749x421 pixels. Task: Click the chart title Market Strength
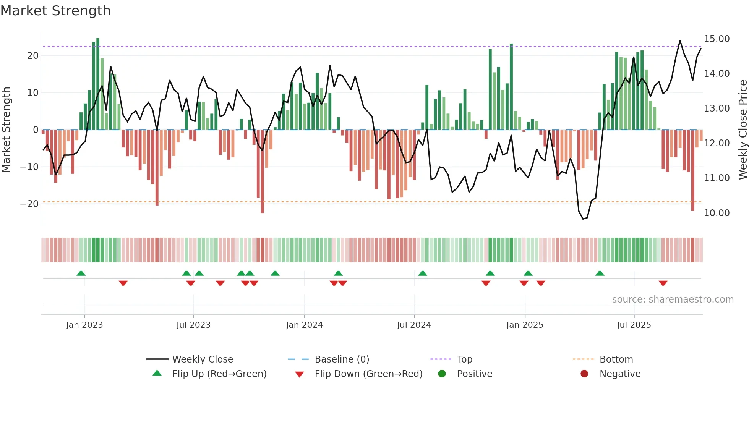pyautogui.click(x=55, y=11)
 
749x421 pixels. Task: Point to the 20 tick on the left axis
pyautogui.click(x=33, y=56)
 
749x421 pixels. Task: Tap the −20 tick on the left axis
pyautogui.click(x=29, y=204)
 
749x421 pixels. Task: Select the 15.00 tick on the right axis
pyautogui.click(x=717, y=39)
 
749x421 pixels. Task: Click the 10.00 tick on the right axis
pyautogui.click(x=717, y=213)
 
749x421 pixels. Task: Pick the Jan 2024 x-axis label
pyautogui.click(x=304, y=325)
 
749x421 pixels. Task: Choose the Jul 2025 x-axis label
pyautogui.click(x=634, y=325)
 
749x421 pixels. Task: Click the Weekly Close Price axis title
pyautogui.click(x=743, y=130)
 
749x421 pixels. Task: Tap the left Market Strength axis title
pyautogui.click(x=6, y=130)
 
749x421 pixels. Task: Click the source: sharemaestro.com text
pyautogui.click(x=673, y=300)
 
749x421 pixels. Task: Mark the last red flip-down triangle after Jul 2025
pyautogui.click(x=663, y=283)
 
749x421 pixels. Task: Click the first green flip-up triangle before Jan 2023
pyautogui.click(x=81, y=273)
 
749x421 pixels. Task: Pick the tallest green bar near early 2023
pyautogui.click(x=98, y=84)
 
